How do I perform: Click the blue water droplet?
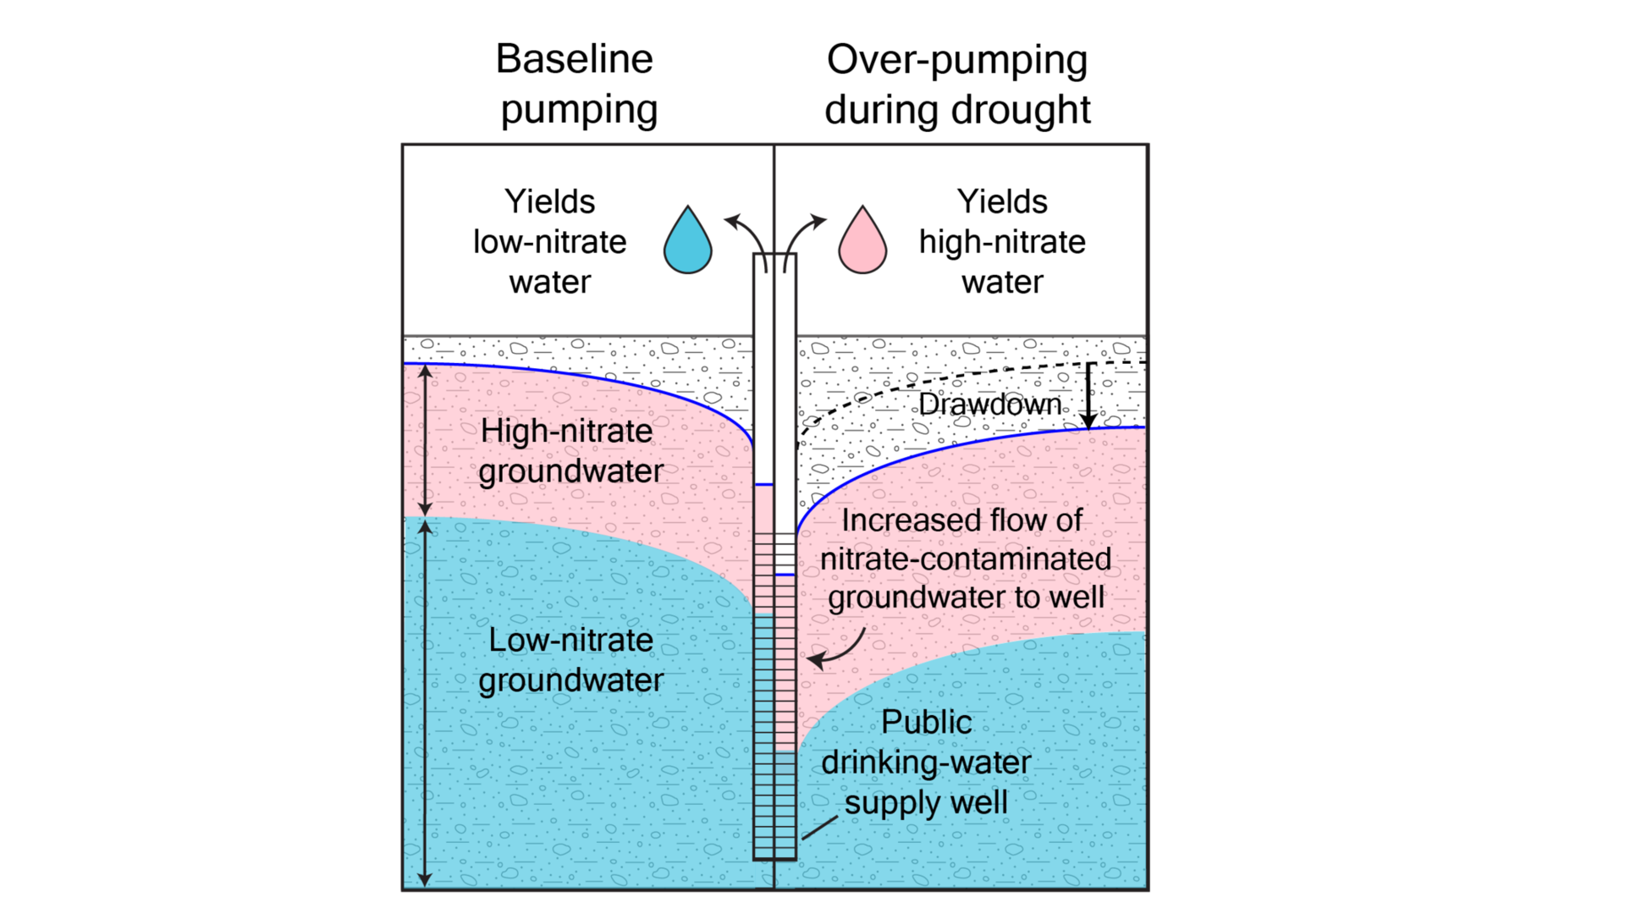[x=687, y=244]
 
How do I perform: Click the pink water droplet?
[x=862, y=244]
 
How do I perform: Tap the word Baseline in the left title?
[x=574, y=59]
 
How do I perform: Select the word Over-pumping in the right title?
[x=956, y=61]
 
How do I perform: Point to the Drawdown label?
[x=989, y=405]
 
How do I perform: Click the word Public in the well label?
[x=926, y=722]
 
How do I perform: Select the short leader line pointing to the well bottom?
[x=819, y=829]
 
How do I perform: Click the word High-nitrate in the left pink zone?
[x=566, y=431]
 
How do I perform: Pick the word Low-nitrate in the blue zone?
[x=570, y=640]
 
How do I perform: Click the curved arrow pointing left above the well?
[x=745, y=233]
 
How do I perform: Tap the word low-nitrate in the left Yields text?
[x=549, y=242]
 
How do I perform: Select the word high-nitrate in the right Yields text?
[x=1002, y=242]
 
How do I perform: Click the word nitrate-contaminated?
[x=965, y=559]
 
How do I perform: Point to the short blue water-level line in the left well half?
[x=763, y=485]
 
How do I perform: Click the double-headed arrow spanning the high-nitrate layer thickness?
[x=426, y=440]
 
